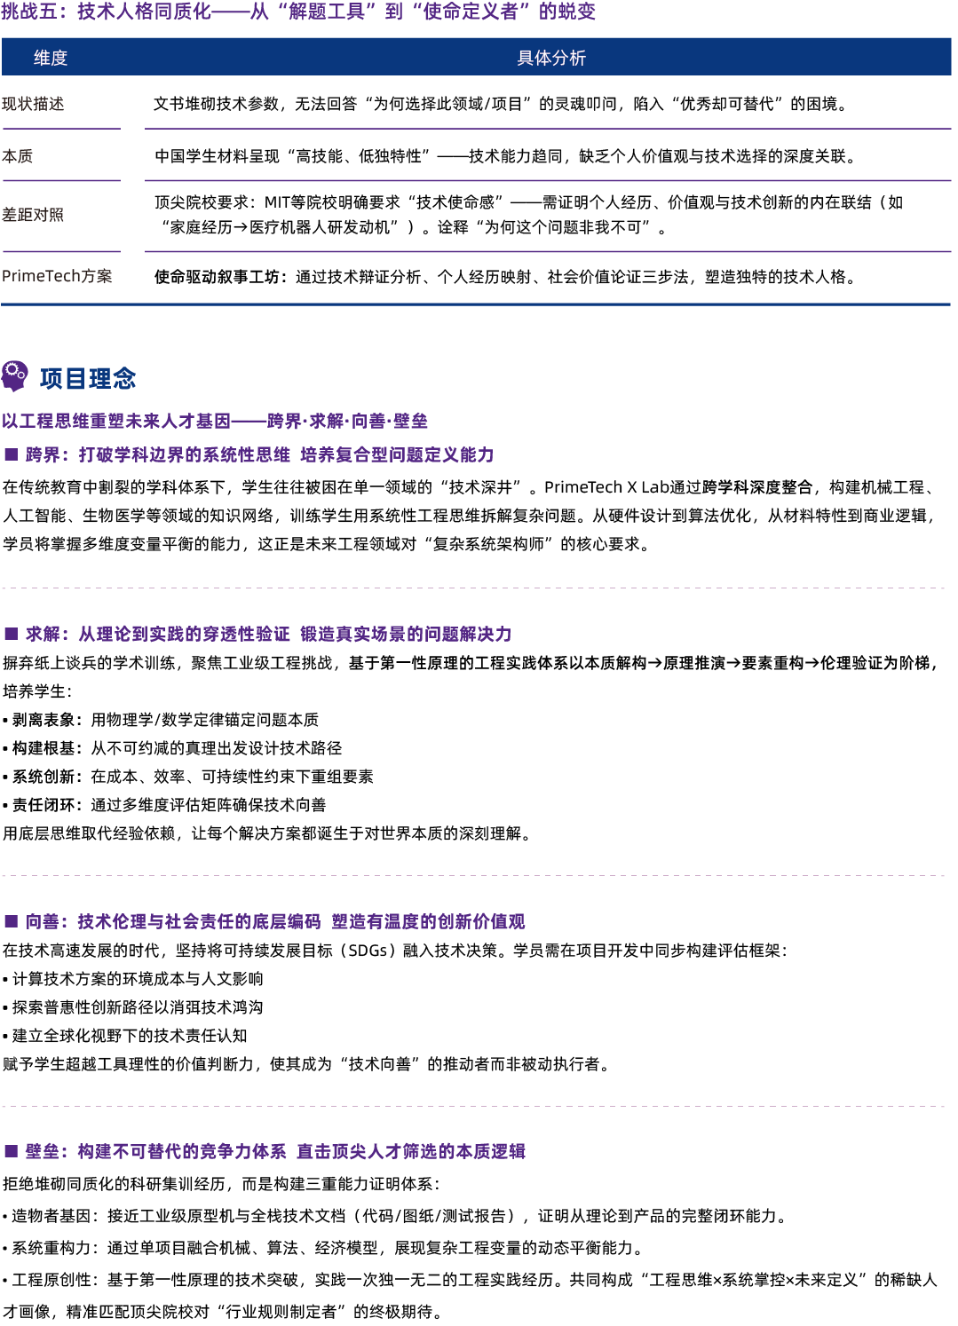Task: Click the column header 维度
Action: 51,58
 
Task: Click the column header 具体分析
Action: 551,58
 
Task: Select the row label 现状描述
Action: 33,104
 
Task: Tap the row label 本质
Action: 18,156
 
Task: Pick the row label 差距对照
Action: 33,215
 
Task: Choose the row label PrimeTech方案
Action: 57,276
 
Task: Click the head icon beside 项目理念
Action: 14,376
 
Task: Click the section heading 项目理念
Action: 88,378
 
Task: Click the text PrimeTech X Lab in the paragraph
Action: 606,487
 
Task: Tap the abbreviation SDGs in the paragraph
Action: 368,951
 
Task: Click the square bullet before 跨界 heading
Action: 12,454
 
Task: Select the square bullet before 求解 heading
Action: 12,634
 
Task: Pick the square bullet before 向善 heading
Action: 12,921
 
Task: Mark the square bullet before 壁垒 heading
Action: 12,1151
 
